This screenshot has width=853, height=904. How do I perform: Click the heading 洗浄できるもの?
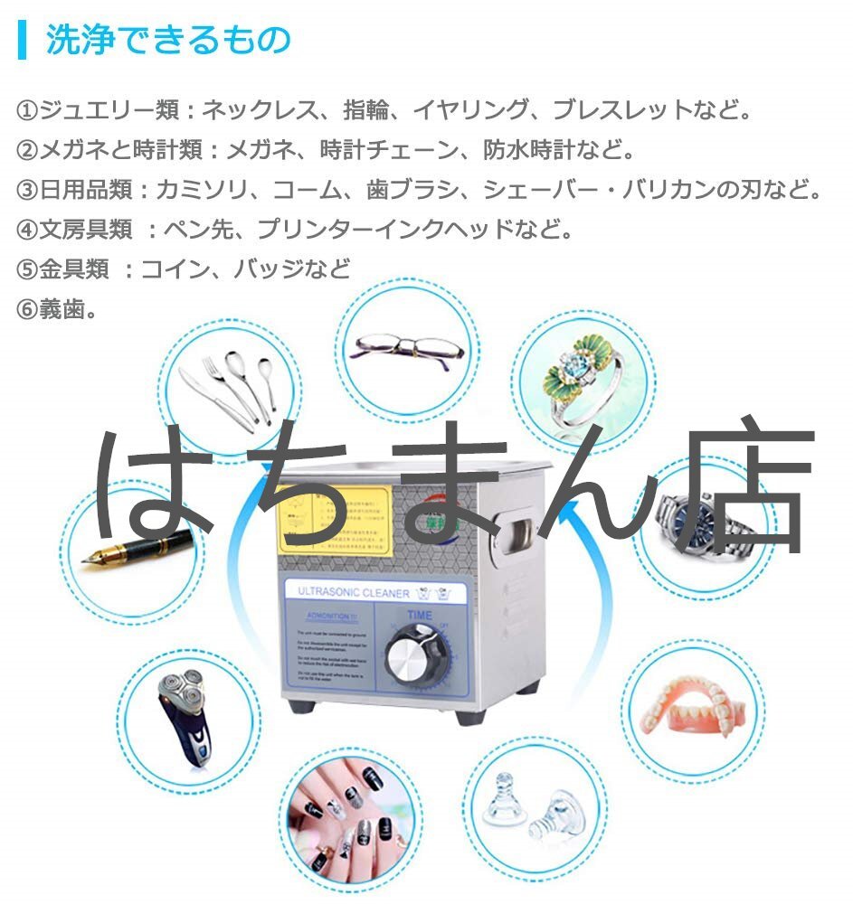click(168, 42)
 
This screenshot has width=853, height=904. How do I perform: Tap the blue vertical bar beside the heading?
click(22, 42)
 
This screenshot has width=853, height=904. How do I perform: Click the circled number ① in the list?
click(27, 112)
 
